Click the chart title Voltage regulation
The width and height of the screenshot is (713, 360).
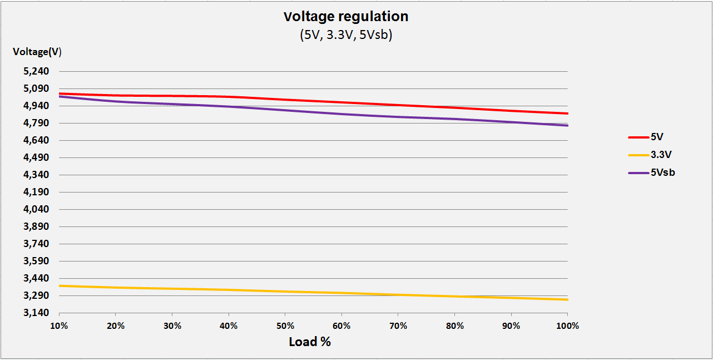(345, 17)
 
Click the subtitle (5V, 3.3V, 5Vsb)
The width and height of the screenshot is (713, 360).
(345, 36)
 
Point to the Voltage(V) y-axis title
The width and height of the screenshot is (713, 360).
(37, 52)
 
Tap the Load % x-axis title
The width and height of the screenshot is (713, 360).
(310, 342)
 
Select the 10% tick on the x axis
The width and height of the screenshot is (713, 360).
(59, 326)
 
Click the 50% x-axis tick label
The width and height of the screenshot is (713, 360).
(285, 326)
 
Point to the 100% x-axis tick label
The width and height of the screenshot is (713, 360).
(567, 326)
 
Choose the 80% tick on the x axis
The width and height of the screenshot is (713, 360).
(454, 326)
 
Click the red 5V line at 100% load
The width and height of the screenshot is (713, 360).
(567, 114)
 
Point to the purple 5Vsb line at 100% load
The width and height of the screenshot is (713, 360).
(567, 126)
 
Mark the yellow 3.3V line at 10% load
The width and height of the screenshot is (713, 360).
(60, 286)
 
